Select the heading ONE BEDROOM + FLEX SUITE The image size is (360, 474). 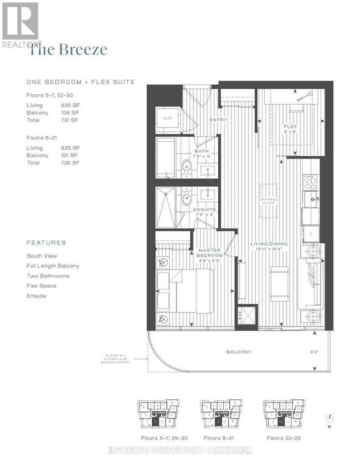[x=81, y=82]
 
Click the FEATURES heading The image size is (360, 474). [x=46, y=243]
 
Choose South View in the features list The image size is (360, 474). [x=42, y=256]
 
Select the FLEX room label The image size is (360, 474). [x=290, y=126]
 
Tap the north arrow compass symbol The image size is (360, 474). [x=330, y=419]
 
